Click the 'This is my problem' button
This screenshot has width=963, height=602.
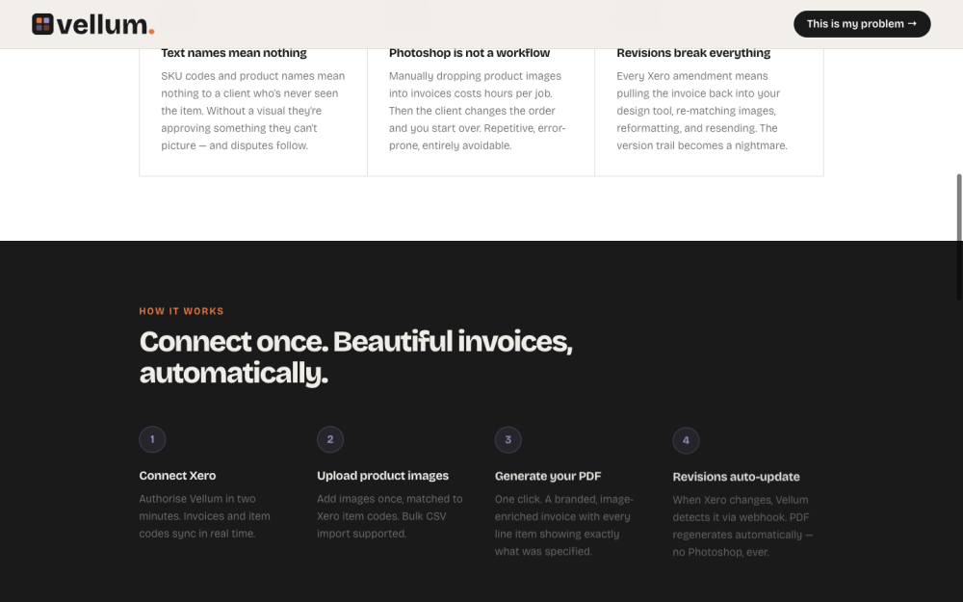pos(861,24)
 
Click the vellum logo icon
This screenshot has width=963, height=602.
pos(42,24)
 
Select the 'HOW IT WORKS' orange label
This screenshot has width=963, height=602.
pos(181,311)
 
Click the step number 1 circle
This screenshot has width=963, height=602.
pos(152,440)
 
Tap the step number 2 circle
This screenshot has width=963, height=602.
pos(330,440)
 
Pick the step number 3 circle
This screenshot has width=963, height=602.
pos(508,440)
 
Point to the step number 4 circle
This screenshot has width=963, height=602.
pos(686,441)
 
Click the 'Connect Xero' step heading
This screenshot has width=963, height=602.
pos(177,476)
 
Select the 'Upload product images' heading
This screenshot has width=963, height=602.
pos(382,476)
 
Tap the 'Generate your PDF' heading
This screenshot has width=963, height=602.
pos(548,476)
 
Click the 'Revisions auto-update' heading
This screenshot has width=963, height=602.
pos(736,477)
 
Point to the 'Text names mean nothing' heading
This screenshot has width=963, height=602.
pos(234,53)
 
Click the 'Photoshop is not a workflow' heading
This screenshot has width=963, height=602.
pos(469,53)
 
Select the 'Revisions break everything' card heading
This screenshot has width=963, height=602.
pos(693,53)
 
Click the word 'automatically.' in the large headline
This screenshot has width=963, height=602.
pos(234,373)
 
